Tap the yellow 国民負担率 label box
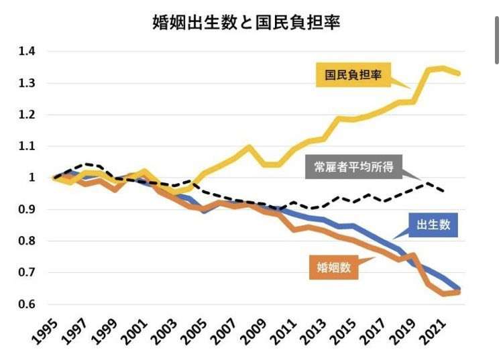[x=353, y=75]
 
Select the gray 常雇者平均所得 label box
[x=353, y=167]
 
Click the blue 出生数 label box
[x=433, y=225]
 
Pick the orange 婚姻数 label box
[x=334, y=267]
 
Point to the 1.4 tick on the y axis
[x=27, y=52]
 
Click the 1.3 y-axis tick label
[x=27, y=83]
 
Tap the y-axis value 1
[x=32, y=178]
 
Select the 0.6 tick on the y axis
[x=27, y=304]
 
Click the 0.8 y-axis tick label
[x=27, y=241]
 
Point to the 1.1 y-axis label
[x=27, y=146]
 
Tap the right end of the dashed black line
[x=444, y=192]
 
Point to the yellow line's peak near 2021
[x=443, y=68]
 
